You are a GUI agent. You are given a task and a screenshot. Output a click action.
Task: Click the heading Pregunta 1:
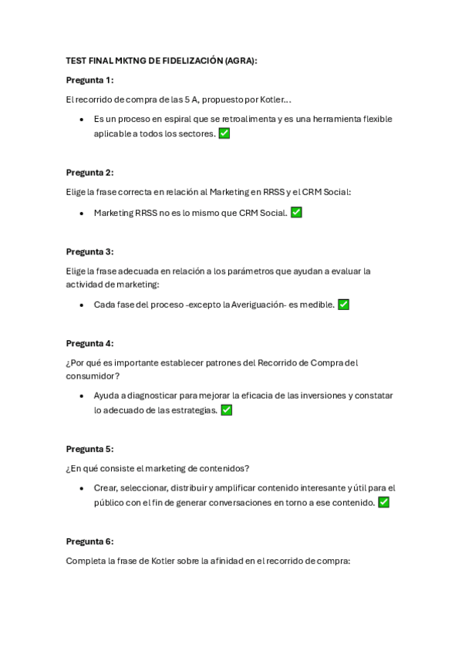[89, 80]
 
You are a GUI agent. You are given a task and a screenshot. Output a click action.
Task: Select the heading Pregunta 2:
[89, 173]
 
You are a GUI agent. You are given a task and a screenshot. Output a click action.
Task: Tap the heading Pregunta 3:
[89, 251]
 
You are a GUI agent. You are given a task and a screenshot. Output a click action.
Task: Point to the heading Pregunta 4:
[89, 344]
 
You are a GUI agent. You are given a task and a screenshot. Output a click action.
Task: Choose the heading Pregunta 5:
[89, 449]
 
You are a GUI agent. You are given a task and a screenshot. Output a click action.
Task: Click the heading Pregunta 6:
[89, 541]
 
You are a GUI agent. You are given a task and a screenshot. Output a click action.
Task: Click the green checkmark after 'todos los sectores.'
[224, 133]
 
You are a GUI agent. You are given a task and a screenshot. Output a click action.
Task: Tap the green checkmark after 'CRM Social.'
[296, 213]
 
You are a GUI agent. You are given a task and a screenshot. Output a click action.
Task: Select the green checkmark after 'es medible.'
[343, 305]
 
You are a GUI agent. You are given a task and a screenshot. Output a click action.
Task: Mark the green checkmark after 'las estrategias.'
[226, 410]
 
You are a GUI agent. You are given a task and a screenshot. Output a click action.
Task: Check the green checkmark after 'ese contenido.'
[383, 502]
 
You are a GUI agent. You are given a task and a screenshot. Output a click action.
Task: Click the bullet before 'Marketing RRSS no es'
[82, 213]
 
